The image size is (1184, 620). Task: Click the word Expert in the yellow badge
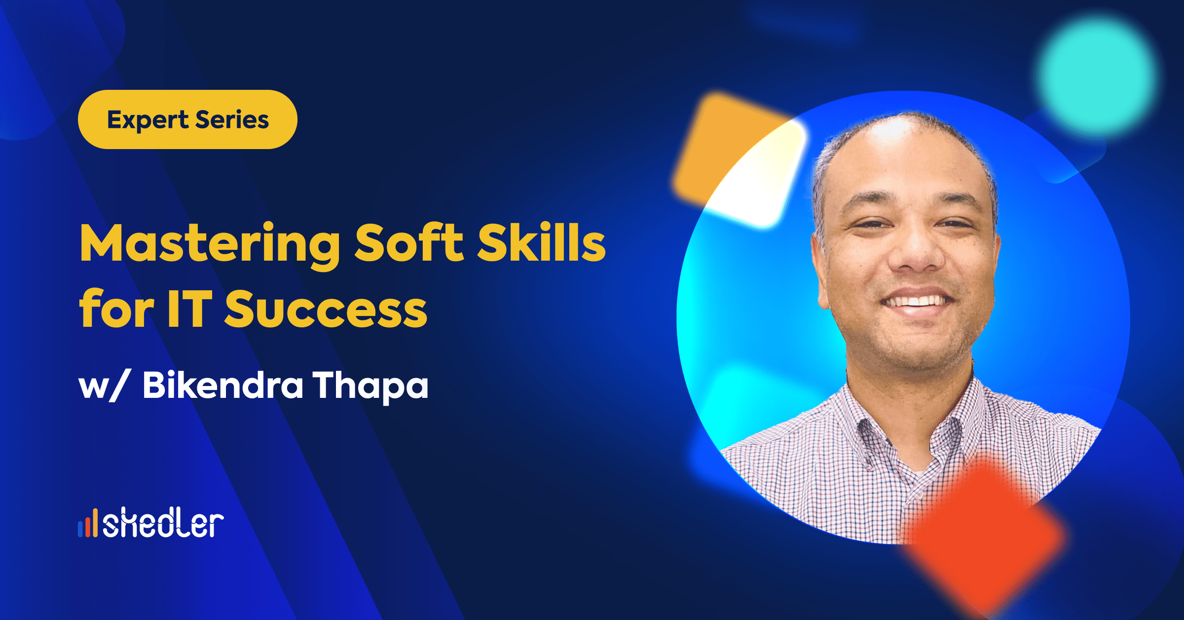[x=148, y=120]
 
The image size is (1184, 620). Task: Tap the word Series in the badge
[x=232, y=120]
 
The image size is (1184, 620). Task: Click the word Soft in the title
[x=409, y=242]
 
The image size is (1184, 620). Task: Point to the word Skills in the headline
[x=541, y=241]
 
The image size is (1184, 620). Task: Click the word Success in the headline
[x=326, y=309]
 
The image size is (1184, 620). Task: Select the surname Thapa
[x=370, y=386]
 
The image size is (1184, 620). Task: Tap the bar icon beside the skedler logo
[x=88, y=523]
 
